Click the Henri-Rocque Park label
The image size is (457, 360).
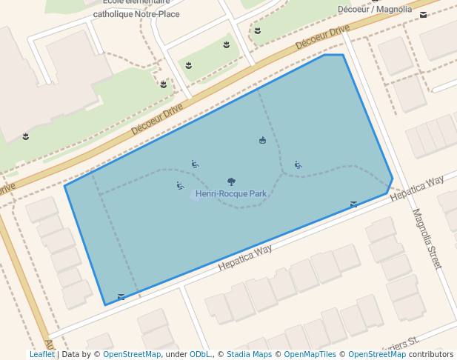231,194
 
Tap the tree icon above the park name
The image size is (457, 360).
231,181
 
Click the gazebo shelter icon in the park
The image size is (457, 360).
262,140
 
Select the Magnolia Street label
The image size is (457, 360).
427,238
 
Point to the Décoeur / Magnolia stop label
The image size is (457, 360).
374,9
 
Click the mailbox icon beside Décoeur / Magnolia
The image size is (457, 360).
423,14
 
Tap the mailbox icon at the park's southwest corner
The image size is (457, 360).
121,297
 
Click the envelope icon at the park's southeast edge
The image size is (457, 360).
353,204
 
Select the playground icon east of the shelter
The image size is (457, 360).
298,164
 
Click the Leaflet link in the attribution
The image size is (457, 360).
41,355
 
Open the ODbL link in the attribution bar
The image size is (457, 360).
199,355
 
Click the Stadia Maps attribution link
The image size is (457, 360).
249,355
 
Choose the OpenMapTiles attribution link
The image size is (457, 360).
310,355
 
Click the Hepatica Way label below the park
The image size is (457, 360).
245,259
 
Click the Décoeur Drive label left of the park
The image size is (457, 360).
157,119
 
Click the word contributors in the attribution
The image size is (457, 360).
431,355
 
